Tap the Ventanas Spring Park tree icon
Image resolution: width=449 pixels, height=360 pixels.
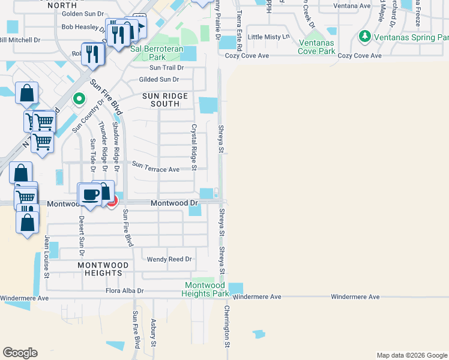[364, 37]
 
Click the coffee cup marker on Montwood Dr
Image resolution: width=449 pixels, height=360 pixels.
[91, 194]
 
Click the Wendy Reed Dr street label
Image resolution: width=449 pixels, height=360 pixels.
[170, 259]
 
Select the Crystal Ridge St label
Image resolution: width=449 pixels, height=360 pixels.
[194, 147]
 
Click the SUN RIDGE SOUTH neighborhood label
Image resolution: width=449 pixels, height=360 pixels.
[165, 100]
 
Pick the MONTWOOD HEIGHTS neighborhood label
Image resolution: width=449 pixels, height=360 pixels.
[104, 269]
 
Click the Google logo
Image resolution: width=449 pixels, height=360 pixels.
[20, 353]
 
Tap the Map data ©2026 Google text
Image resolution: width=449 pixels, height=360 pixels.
[411, 355]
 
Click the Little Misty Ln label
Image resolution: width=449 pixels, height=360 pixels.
[269, 37]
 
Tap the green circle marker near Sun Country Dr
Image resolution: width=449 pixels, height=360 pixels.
[77, 99]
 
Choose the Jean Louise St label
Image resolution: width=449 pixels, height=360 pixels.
[46, 252]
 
